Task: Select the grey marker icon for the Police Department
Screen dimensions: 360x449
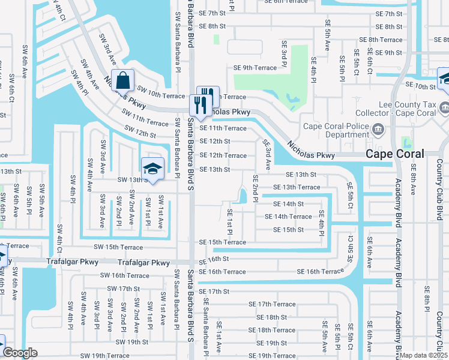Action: [x=379, y=128]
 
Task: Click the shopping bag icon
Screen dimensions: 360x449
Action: [x=123, y=80]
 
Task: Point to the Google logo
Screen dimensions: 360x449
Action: [x=20, y=353]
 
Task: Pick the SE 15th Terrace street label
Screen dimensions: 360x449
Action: [x=223, y=242]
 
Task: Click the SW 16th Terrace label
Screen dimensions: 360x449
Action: [x=125, y=275]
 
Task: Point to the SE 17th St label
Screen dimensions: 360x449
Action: [x=214, y=292]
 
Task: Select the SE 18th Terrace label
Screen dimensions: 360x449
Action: [x=272, y=330]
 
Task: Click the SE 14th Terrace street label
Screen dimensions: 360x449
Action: [x=292, y=217]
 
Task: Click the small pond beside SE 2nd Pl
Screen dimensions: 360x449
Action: [x=243, y=196]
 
